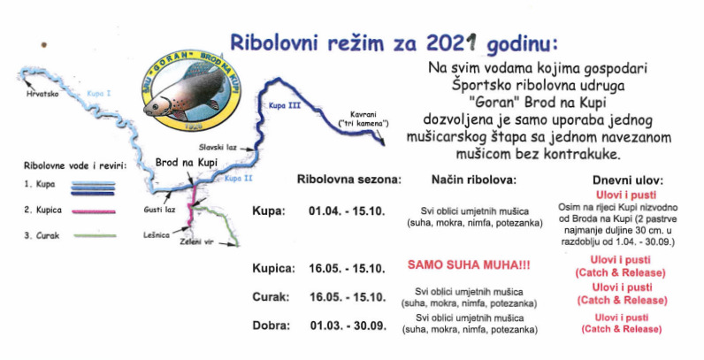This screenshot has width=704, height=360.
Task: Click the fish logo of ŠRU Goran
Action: coord(192,90)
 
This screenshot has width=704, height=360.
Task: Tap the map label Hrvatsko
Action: coord(42,94)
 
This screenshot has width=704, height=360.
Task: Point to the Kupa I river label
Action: coord(99,94)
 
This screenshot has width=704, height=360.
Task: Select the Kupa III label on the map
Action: coord(285,106)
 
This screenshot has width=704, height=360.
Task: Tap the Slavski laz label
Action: coord(218,147)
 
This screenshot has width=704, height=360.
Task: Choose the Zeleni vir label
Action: coord(195,241)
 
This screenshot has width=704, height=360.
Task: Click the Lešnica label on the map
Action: coord(157,234)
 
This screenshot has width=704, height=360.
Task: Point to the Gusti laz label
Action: coord(159,209)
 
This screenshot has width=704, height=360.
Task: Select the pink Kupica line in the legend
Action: coord(93,211)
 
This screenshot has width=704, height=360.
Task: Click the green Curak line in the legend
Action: coord(95,235)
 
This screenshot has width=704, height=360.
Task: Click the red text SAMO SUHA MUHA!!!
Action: coord(469,264)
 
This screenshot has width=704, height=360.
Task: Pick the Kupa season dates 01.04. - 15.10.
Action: coord(347,211)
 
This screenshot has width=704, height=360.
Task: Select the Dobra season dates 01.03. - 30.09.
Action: coord(348,326)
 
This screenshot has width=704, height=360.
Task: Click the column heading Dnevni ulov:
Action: coord(628,180)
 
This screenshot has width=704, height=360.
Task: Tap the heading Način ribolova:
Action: coord(474,180)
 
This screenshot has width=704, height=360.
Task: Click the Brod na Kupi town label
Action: coord(186,162)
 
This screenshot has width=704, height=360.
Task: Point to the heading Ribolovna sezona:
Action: coord(348,180)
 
